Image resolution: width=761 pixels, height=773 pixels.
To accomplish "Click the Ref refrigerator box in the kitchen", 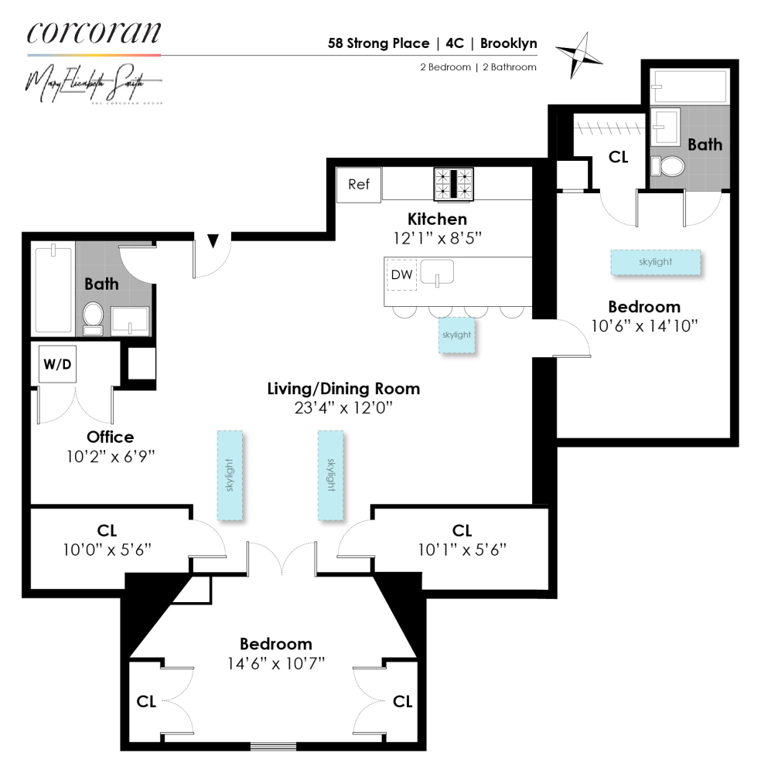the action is click(x=358, y=185).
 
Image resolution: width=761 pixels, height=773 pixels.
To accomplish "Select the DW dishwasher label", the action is click(x=401, y=274).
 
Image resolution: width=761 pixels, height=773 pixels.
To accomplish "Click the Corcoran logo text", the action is click(x=94, y=32).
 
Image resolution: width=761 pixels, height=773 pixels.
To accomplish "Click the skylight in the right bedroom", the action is click(x=655, y=262).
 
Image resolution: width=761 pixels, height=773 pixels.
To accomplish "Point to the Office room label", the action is click(x=111, y=438).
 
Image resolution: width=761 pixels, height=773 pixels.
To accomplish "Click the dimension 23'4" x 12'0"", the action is click(x=343, y=407).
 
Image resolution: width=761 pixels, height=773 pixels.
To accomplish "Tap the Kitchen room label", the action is click(x=438, y=220).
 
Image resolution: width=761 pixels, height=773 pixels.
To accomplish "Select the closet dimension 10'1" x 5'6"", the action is click(x=462, y=550).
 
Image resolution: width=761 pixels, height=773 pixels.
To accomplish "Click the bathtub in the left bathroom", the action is click(x=53, y=288).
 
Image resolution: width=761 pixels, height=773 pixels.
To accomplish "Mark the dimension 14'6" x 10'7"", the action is click(x=276, y=662).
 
